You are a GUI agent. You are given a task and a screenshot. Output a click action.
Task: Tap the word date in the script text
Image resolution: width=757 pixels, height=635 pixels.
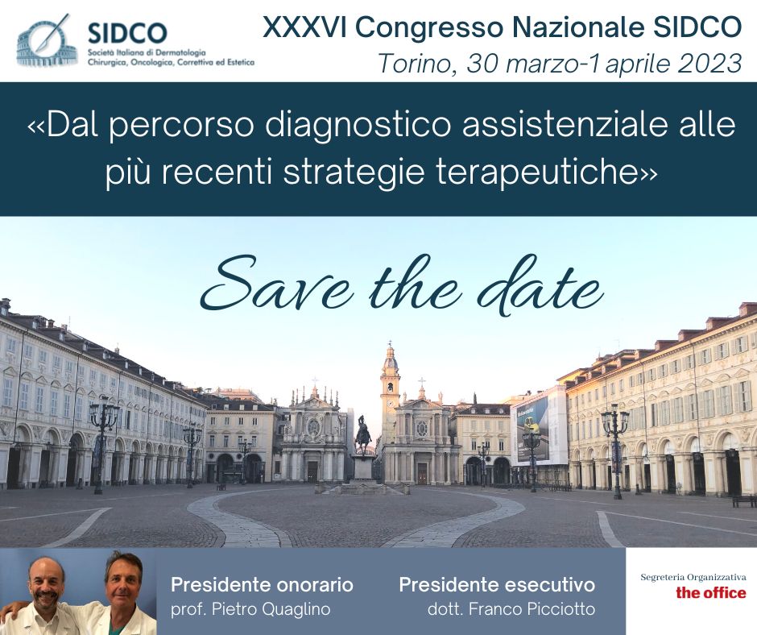(540, 288)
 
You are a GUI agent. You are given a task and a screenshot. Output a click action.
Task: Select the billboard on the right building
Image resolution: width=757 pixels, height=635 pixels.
(533, 430)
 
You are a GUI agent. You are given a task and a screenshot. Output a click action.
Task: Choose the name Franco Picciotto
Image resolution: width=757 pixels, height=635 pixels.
(532, 609)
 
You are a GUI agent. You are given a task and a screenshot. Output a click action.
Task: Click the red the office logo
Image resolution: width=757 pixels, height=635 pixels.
(710, 592)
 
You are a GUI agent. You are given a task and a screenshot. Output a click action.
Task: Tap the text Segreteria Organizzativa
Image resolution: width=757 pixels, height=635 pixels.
(693, 577)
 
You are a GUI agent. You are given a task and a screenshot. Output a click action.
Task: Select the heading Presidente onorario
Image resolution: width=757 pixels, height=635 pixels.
(263, 585)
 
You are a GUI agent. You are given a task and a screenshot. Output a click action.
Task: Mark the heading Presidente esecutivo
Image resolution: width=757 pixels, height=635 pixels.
(497, 585)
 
